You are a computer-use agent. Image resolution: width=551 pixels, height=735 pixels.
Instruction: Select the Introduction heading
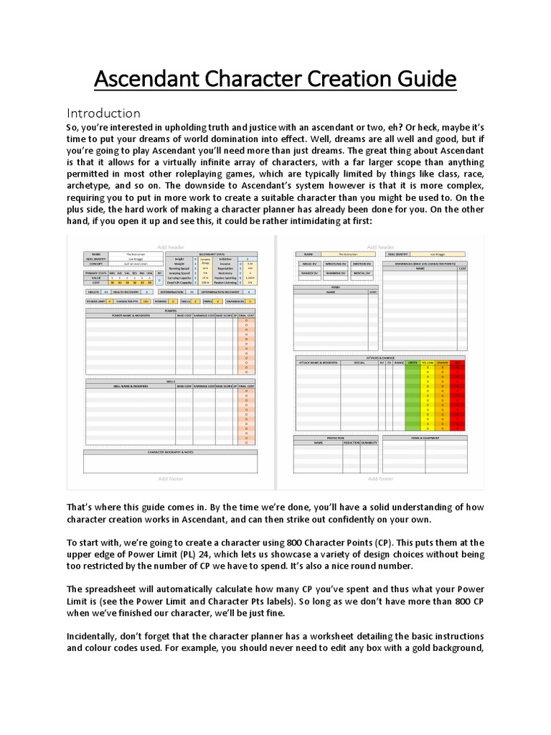tap(103, 113)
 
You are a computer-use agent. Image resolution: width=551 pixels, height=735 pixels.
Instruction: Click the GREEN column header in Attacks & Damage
tap(413, 363)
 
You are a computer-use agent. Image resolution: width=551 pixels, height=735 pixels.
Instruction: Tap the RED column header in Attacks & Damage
tap(459, 363)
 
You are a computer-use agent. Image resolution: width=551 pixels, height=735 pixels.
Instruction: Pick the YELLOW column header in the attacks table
tap(428, 363)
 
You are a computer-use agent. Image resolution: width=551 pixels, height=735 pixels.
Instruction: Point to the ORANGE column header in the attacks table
tap(444, 363)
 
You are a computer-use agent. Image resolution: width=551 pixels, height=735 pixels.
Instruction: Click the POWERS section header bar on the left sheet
tap(171, 312)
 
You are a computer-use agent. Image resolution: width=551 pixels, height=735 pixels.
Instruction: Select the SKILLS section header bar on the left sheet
tap(171, 381)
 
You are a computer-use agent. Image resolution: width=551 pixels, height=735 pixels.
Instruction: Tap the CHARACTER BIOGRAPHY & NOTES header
tap(171, 452)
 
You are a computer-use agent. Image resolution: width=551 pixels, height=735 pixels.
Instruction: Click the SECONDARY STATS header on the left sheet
tap(211, 253)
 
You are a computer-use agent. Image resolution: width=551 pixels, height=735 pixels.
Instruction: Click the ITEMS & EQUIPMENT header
tap(425, 436)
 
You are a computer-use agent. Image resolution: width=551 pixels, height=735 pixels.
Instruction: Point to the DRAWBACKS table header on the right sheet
tap(425, 263)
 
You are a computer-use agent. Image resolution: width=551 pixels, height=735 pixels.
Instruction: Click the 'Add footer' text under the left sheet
tap(171, 478)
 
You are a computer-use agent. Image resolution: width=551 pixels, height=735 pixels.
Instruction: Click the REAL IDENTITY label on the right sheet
tap(400, 253)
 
